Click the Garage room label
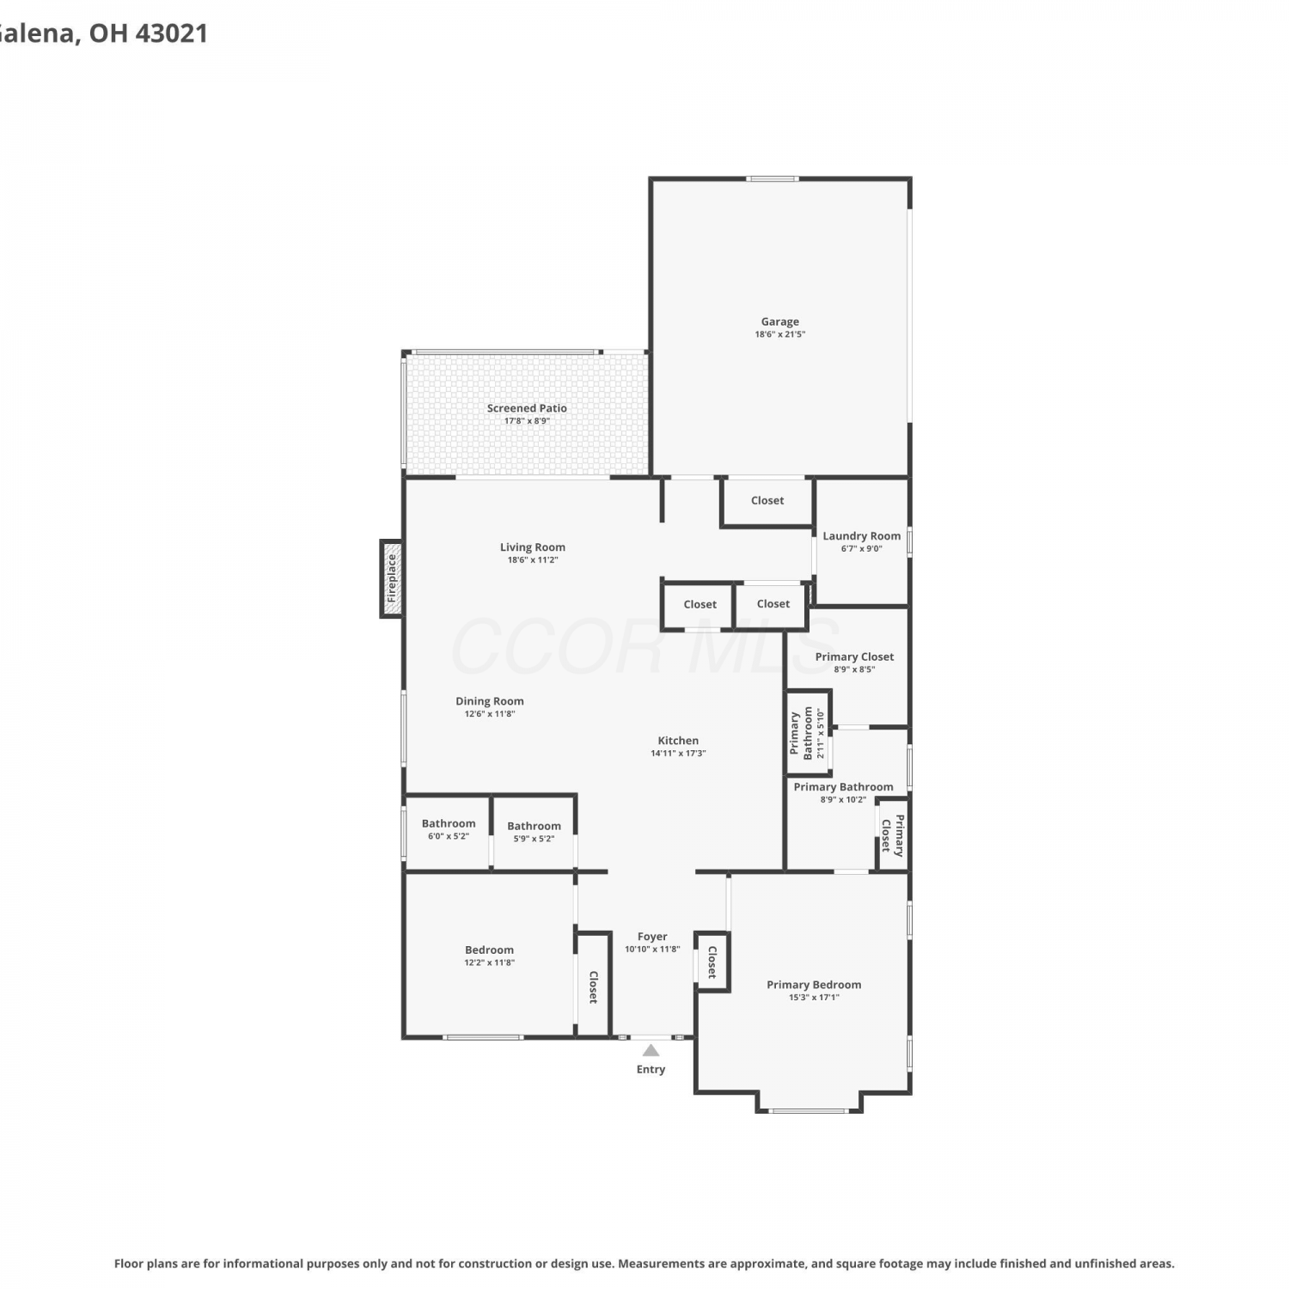click(x=779, y=321)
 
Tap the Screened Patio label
click(x=527, y=408)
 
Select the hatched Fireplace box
click(x=392, y=578)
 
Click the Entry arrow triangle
click(x=651, y=1050)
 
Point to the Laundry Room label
click(x=862, y=535)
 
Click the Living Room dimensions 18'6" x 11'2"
click(x=533, y=559)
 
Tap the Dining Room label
click(x=490, y=700)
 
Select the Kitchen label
click(x=678, y=740)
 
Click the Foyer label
click(x=652, y=937)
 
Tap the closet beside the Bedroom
click(x=593, y=985)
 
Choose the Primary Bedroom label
click(x=814, y=985)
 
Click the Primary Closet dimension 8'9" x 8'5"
click(x=854, y=669)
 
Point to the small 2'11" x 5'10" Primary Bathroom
click(x=809, y=733)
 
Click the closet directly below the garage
click(x=767, y=500)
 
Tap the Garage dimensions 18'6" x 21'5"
click(x=780, y=334)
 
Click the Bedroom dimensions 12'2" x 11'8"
click(x=490, y=962)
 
